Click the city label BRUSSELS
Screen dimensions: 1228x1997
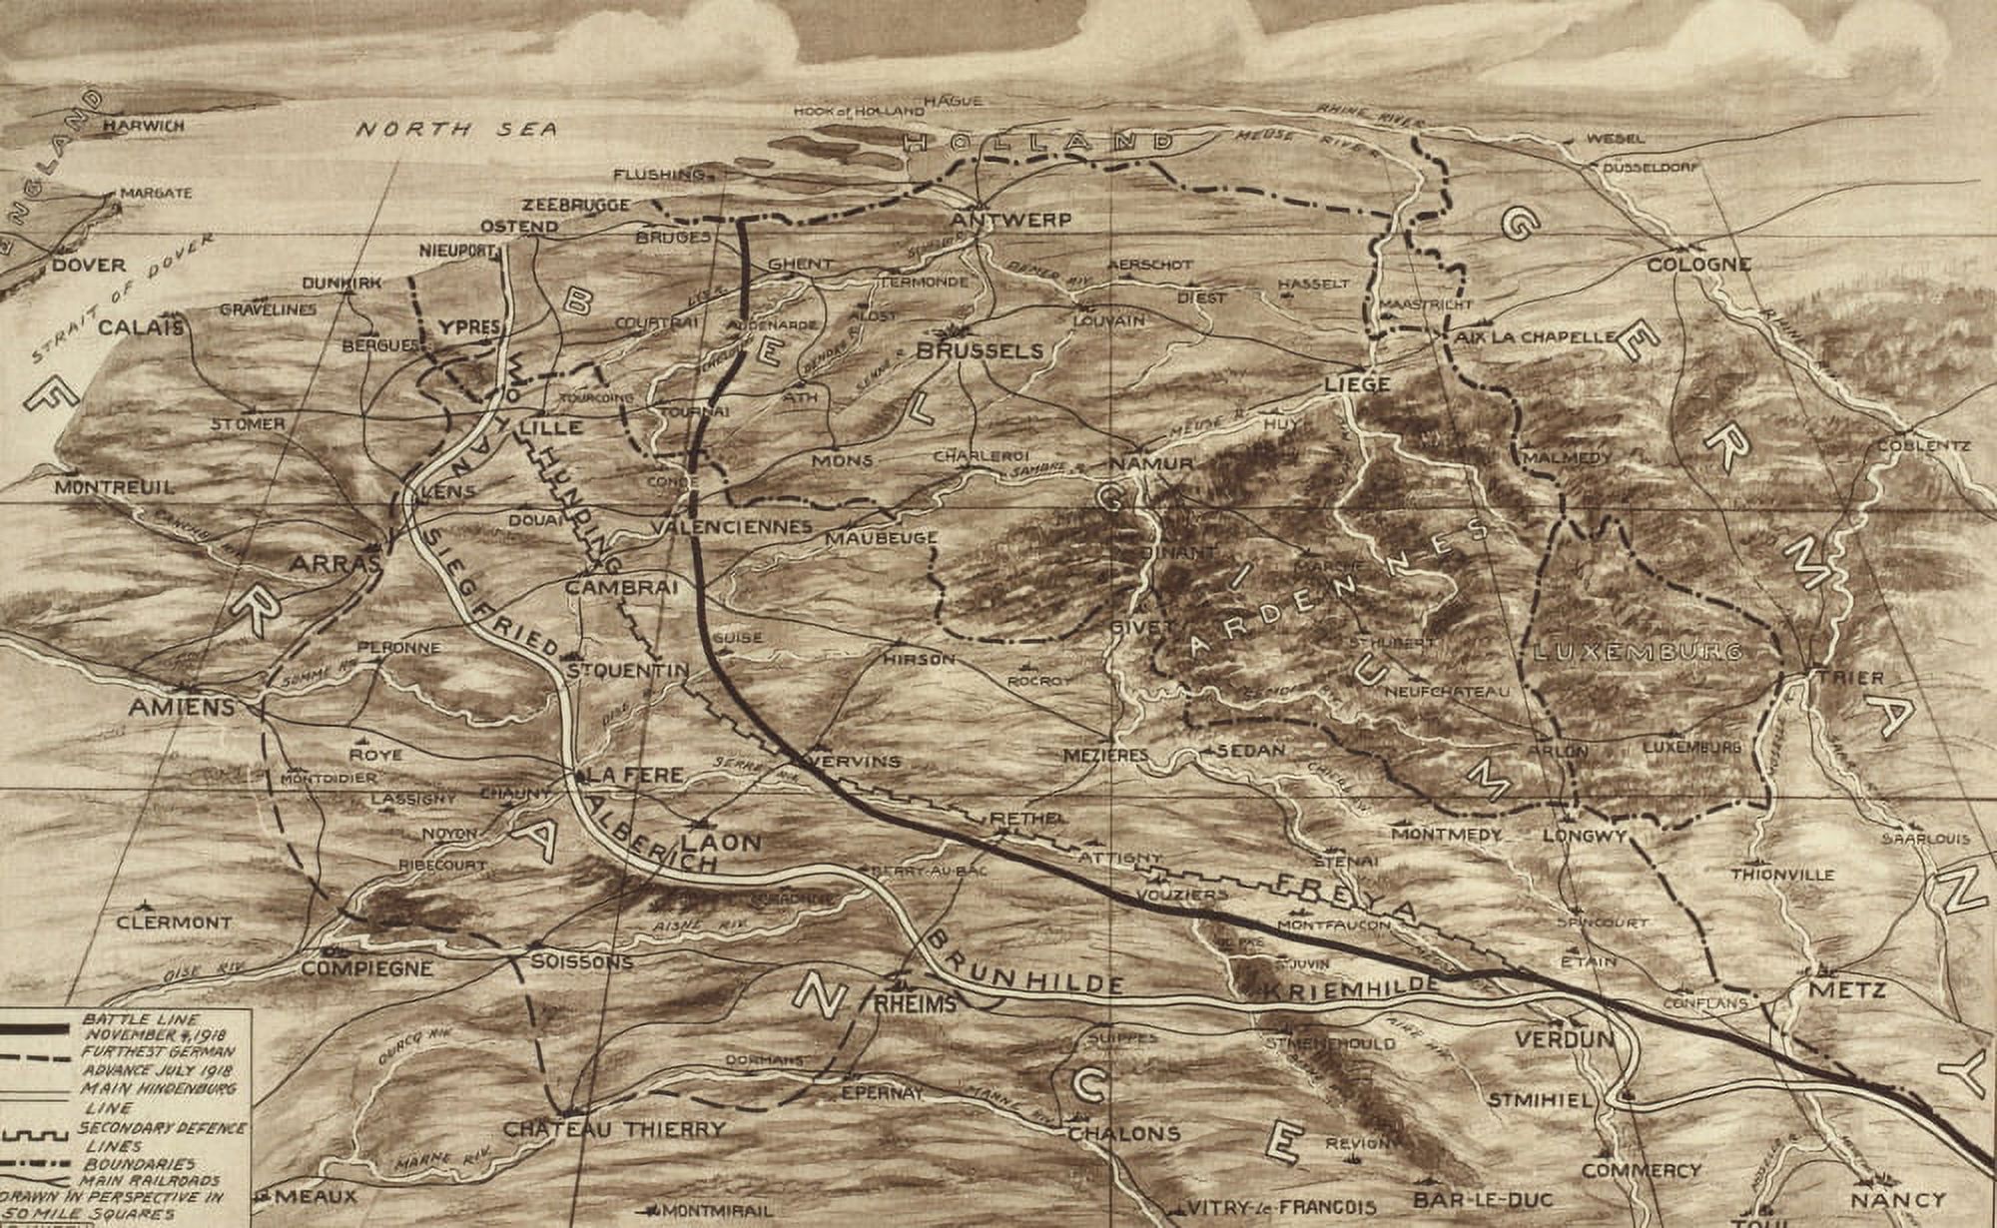pyautogui.click(x=980, y=351)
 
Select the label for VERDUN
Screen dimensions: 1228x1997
pyautogui.click(x=1564, y=1039)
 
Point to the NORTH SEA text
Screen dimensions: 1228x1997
pyautogui.click(x=456, y=130)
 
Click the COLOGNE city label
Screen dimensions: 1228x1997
pyautogui.click(x=1698, y=265)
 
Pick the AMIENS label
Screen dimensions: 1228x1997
pyautogui.click(x=182, y=708)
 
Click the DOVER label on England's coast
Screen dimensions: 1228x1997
pyautogui.click(x=89, y=266)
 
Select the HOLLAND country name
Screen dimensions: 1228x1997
pyautogui.click(x=1038, y=144)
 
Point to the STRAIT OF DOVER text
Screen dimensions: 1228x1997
pyautogui.click(x=120, y=301)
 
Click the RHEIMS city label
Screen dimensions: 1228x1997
pyautogui.click(x=914, y=1004)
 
